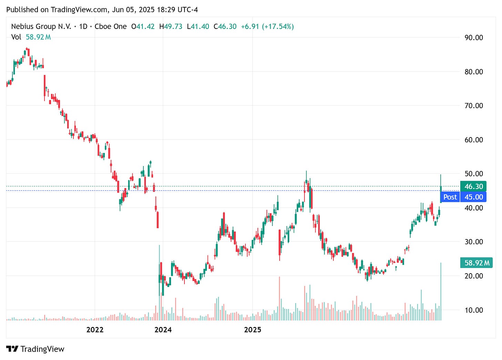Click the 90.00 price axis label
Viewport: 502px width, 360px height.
[474, 38]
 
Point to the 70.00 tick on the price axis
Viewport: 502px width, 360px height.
[474, 106]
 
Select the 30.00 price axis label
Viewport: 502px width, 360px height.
[474, 242]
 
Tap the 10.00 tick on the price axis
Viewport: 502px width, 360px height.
[474, 310]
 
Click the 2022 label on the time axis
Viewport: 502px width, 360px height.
[95, 330]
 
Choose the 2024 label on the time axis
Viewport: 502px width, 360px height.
[163, 330]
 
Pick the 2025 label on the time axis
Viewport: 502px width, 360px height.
[253, 330]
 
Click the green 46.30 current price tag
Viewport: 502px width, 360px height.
[473, 186]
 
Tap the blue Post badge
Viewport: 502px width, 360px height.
[450, 197]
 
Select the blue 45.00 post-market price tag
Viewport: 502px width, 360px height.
[473, 197]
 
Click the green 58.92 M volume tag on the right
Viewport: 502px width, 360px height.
[476, 263]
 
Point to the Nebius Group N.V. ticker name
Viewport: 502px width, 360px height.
[41, 27]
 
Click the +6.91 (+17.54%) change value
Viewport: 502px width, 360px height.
[267, 27]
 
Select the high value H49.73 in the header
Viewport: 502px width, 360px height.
[171, 27]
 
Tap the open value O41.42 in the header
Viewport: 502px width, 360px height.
[143, 27]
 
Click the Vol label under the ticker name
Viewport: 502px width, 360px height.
[16, 37]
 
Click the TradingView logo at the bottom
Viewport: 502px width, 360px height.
[35, 349]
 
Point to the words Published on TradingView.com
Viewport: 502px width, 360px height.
[57, 10]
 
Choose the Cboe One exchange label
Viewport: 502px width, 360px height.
[111, 27]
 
